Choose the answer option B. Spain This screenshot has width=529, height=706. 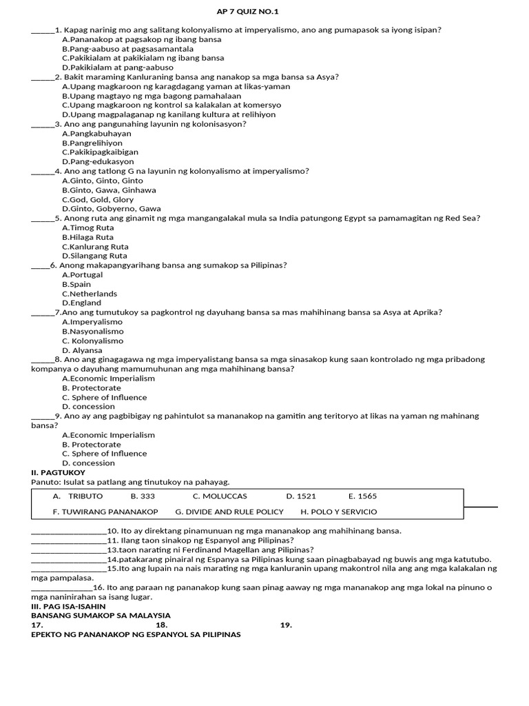(76, 284)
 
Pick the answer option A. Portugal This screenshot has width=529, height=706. (82, 274)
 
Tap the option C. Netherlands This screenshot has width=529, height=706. (90, 294)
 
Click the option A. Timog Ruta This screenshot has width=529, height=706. (88, 228)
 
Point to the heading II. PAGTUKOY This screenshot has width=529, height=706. (59, 472)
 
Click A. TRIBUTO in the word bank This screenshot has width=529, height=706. (78, 496)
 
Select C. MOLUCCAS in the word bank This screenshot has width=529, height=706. (220, 496)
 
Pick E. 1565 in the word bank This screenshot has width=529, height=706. (362, 496)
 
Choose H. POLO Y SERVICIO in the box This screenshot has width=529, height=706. (339, 512)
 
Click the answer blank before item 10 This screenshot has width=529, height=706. (69, 532)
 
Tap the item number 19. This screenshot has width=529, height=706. (287, 625)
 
